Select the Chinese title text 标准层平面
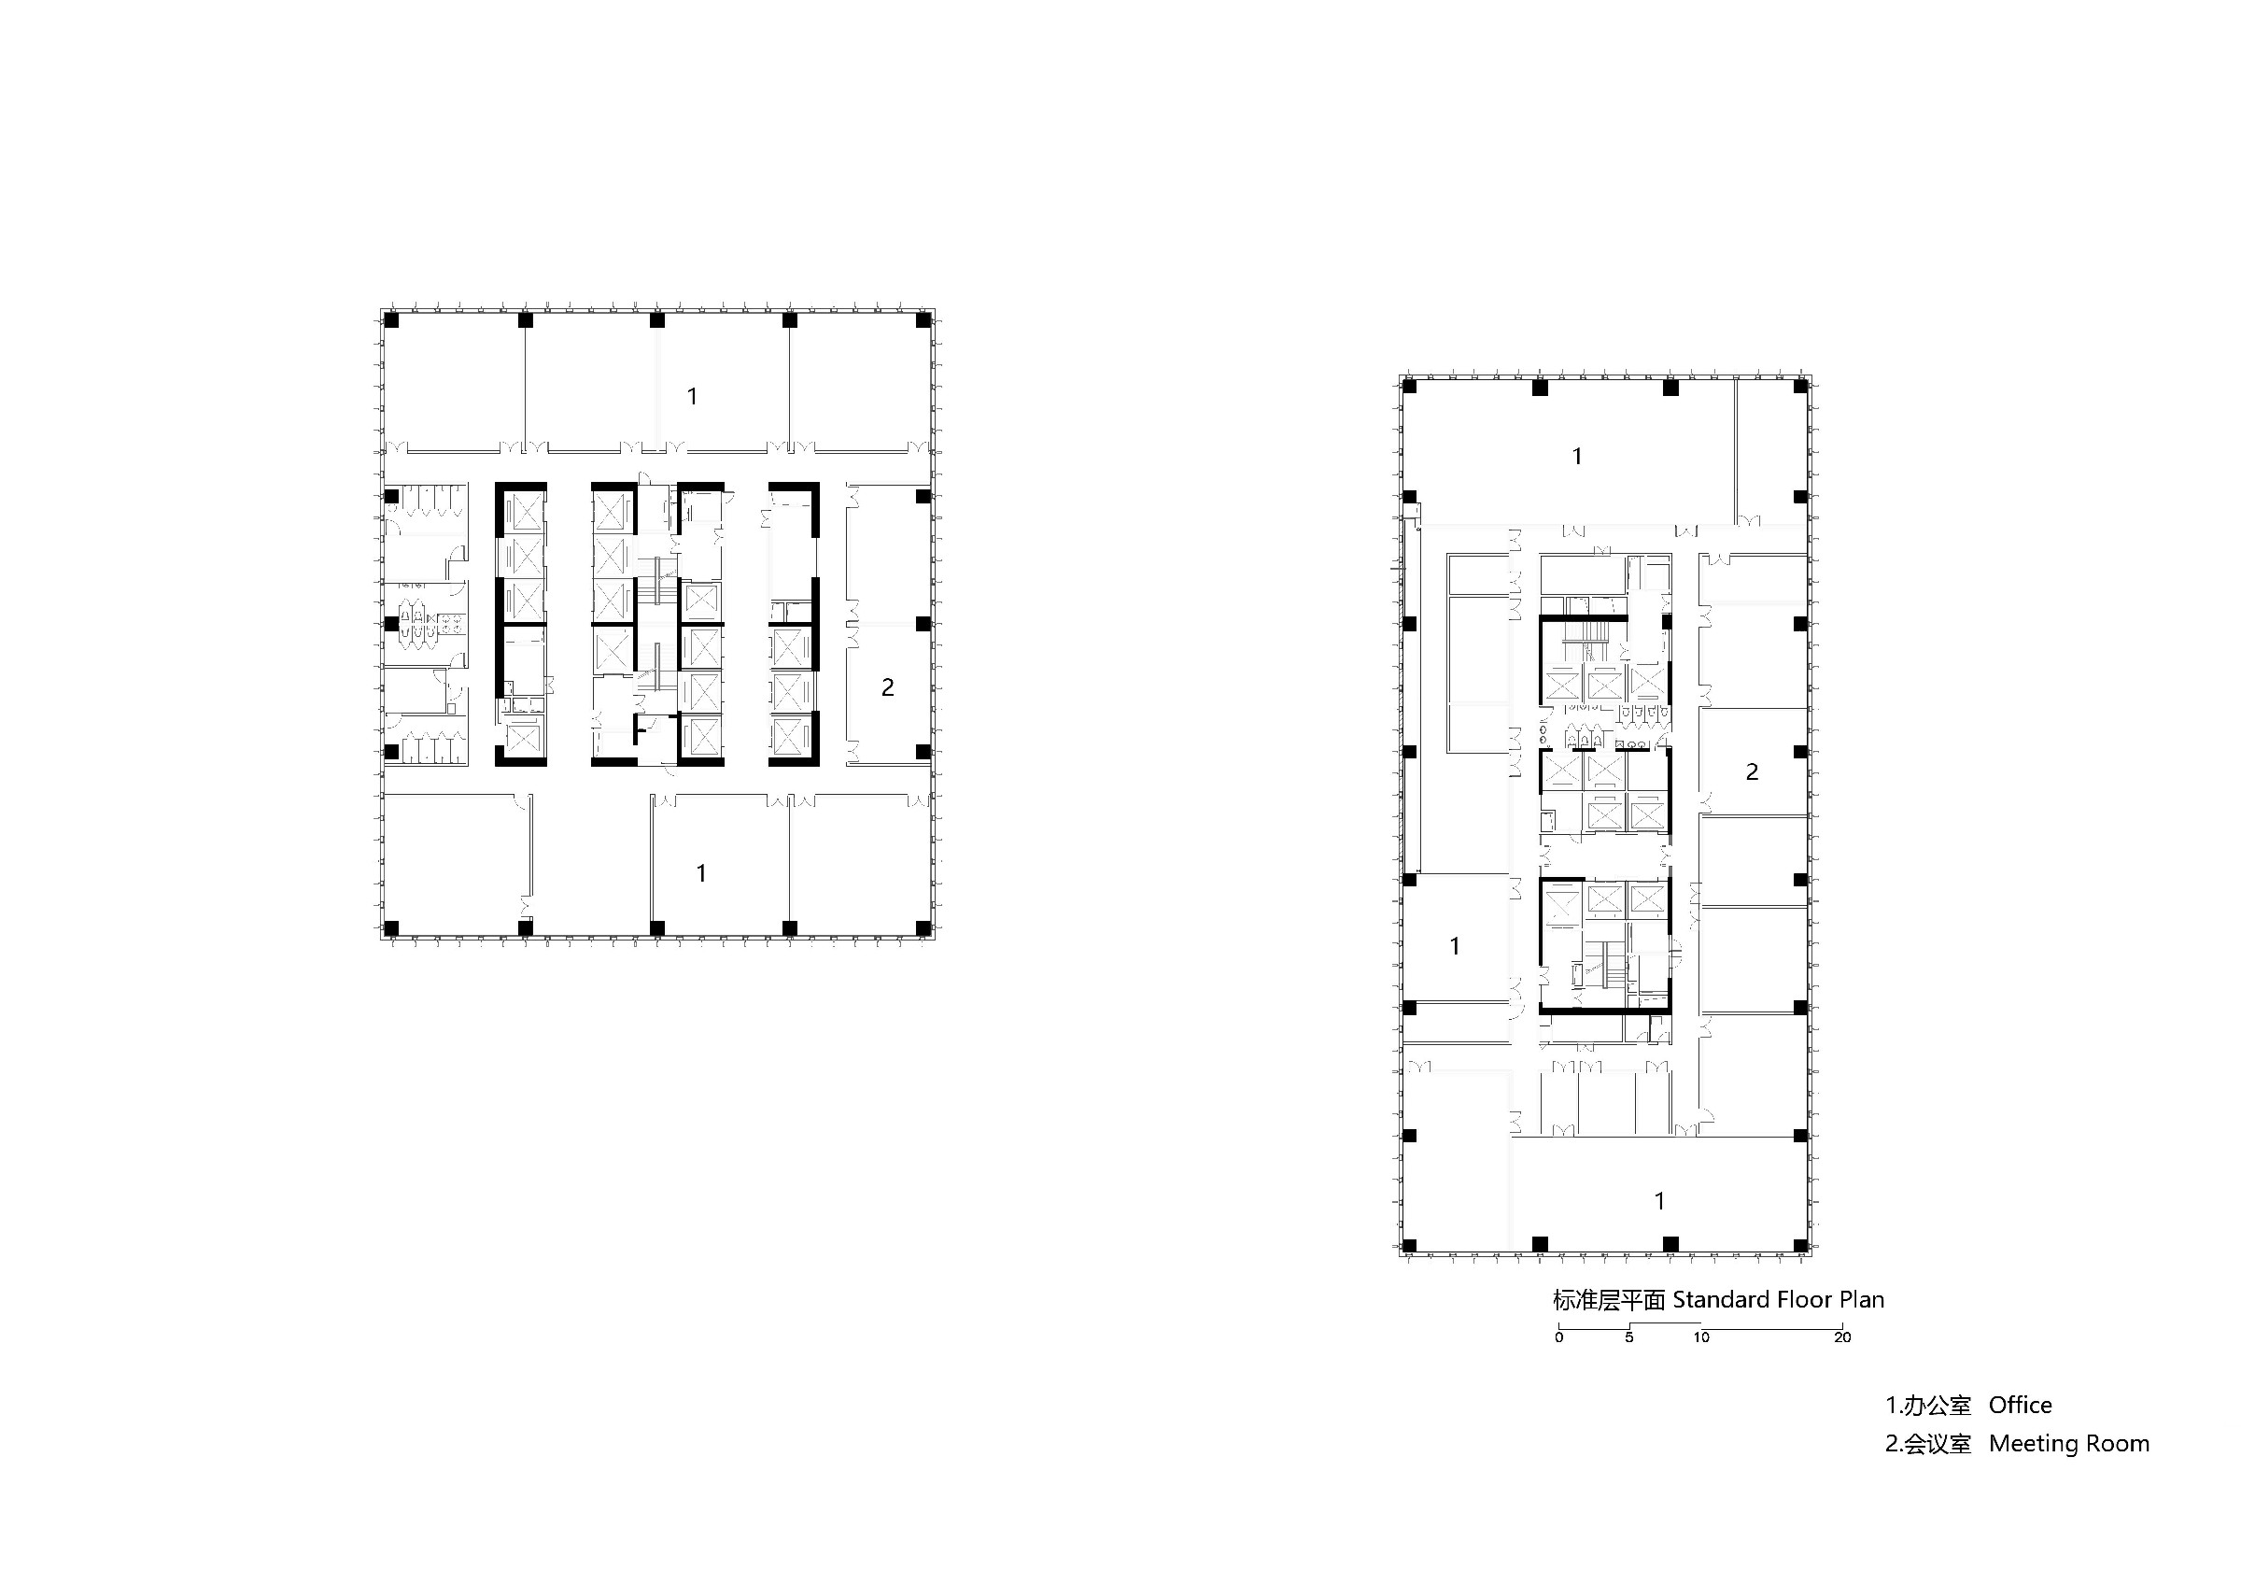point(1609,1301)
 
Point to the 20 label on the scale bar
point(1841,1337)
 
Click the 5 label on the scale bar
point(1629,1337)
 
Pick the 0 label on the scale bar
point(1558,1337)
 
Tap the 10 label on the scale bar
point(1701,1337)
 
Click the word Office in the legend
point(2021,1406)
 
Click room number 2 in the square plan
point(887,688)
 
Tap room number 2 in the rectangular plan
point(1752,772)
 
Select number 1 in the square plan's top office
point(692,396)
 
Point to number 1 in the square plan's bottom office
point(701,873)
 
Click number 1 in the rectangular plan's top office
point(1577,456)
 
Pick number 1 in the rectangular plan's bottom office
point(1660,1201)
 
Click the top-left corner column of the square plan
point(391,320)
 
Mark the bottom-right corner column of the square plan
point(923,927)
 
